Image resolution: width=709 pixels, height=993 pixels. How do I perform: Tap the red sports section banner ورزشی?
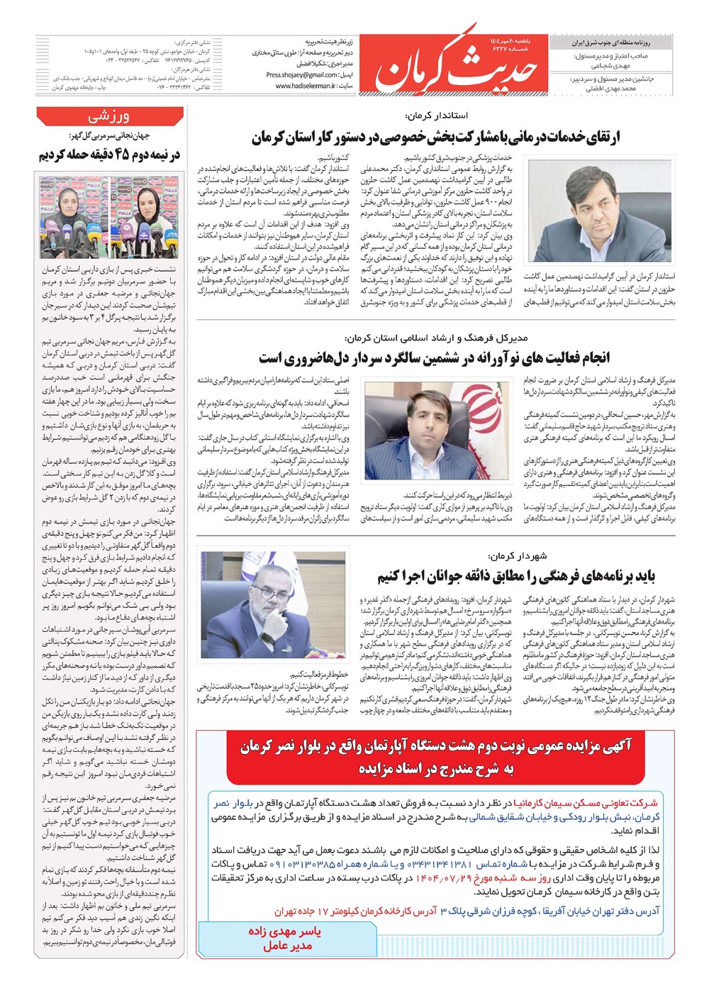pyautogui.click(x=108, y=116)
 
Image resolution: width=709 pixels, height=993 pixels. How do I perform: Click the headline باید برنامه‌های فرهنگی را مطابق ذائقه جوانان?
pyautogui.click(x=515, y=575)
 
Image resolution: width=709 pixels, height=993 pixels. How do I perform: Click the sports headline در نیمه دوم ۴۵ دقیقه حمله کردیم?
pyautogui.click(x=109, y=155)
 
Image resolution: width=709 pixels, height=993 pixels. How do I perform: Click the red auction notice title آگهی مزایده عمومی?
pyautogui.click(x=435, y=756)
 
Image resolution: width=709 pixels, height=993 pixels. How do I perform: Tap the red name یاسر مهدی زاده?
pyautogui.click(x=284, y=931)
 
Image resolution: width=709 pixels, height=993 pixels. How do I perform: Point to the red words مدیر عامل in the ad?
pyautogui.click(x=286, y=946)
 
